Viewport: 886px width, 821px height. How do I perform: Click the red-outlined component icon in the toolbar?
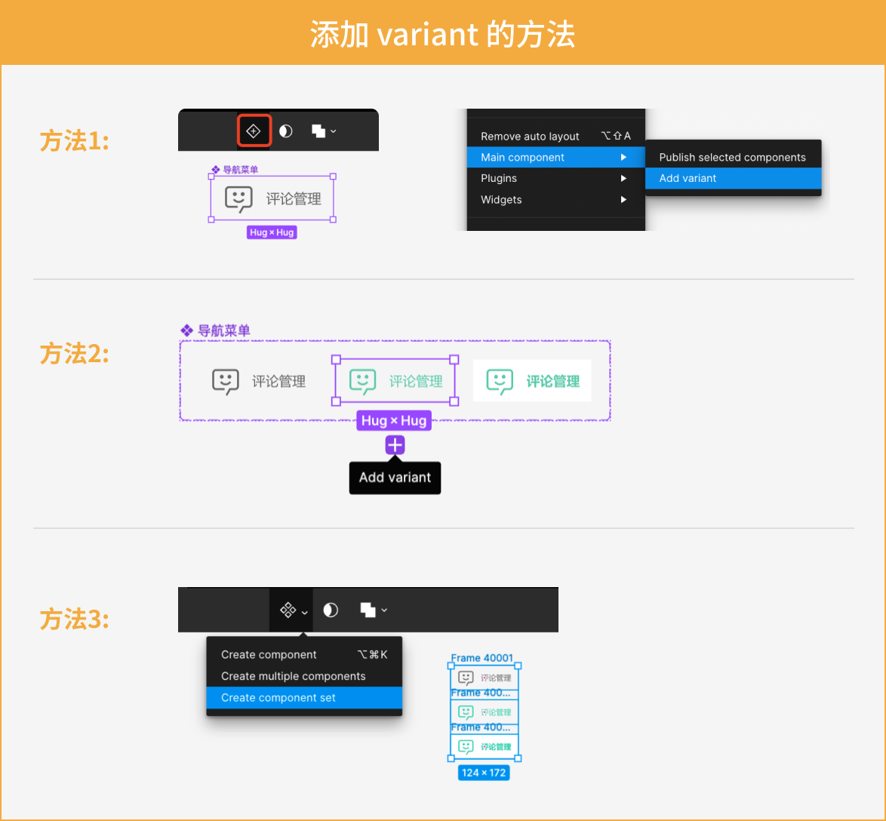click(254, 131)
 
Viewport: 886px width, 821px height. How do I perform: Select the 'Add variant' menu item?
click(688, 178)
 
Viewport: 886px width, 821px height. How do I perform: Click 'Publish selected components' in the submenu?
click(732, 157)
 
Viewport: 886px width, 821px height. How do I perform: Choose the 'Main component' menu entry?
click(522, 157)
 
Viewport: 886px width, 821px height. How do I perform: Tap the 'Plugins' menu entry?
click(499, 178)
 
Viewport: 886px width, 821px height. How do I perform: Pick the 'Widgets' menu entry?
click(501, 199)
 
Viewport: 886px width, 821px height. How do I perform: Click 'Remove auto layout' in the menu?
click(530, 136)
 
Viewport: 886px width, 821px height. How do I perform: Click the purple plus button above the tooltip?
click(395, 445)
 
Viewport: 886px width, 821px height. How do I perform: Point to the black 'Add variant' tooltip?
click(395, 477)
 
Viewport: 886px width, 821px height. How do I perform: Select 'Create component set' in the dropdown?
click(278, 697)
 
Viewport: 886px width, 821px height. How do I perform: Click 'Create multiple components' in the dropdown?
click(293, 676)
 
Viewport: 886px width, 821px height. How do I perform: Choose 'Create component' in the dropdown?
click(269, 654)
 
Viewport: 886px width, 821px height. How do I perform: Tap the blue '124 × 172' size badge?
click(483, 773)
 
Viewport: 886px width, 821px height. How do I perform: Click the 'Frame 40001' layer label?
click(481, 658)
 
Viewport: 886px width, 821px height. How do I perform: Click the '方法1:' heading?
click(74, 140)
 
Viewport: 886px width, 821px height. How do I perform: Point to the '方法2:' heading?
click(74, 353)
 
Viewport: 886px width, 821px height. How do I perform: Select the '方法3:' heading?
click(74, 620)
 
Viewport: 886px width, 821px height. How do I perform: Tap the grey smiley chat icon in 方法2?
click(226, 381)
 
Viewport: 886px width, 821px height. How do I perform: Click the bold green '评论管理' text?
click(552, 381)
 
